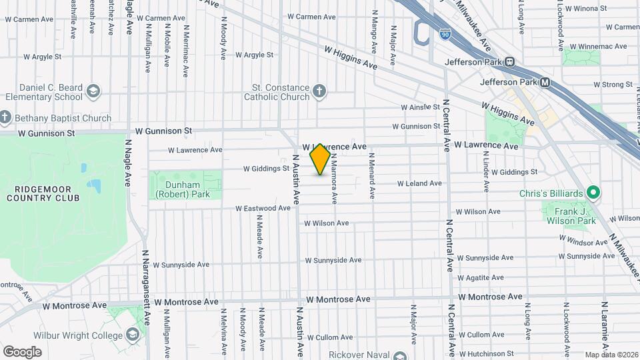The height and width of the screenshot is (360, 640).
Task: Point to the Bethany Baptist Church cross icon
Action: [5, 119]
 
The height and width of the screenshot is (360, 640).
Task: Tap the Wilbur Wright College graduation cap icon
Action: [132, 334]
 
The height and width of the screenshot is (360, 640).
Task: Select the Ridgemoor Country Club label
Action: [43, 193]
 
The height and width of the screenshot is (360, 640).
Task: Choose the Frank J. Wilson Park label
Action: [571, 215]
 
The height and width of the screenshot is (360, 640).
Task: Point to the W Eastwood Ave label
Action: [263, 209]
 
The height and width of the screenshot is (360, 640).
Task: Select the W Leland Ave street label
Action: [419, 183]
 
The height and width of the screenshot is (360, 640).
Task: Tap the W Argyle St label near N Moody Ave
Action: [251, 55]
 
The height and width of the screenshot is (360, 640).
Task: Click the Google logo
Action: [21, 351]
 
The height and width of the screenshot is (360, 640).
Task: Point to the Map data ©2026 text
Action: [611, 355]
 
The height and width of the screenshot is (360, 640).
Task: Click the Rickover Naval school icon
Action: [399, 355]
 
